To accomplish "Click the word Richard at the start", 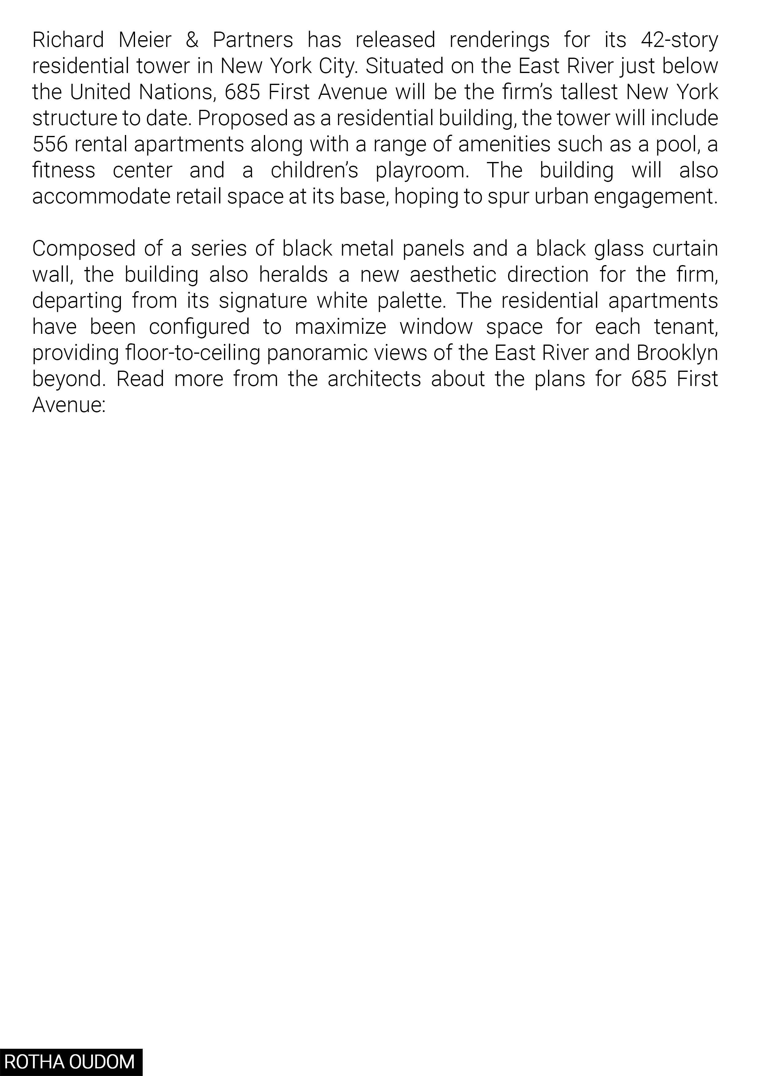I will click(68, 40).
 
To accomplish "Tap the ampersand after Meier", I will click(192, 40).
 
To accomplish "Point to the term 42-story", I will click(679, 40).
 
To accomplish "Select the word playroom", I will click(422, 171).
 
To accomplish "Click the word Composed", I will click(83, 249).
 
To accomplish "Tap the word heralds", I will click(293, 275).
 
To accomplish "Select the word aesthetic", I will click(453, 275).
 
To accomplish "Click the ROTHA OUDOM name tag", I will click(70, 1062).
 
